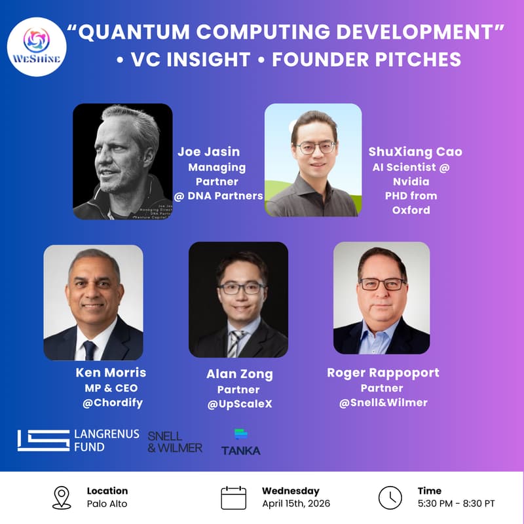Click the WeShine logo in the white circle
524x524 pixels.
(37, 47)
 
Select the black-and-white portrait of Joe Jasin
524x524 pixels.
(122, 161)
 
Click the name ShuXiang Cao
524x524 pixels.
(415, 152)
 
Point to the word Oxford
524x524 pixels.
(411, 210)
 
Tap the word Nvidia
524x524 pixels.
(411, 181)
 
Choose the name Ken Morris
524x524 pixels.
(111, 373)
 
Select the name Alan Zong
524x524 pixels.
(239, 375)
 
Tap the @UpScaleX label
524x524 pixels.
(239, 404)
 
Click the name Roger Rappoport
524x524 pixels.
(383, 373)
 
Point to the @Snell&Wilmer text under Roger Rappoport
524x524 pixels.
(383, 402)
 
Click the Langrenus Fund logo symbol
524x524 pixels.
(43, 440)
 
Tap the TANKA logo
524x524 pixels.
(240, 443)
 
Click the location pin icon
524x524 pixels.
(61, 497)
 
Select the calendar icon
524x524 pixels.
(233, 497)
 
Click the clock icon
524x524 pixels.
(390, 497)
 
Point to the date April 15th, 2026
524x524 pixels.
(296, 504)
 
